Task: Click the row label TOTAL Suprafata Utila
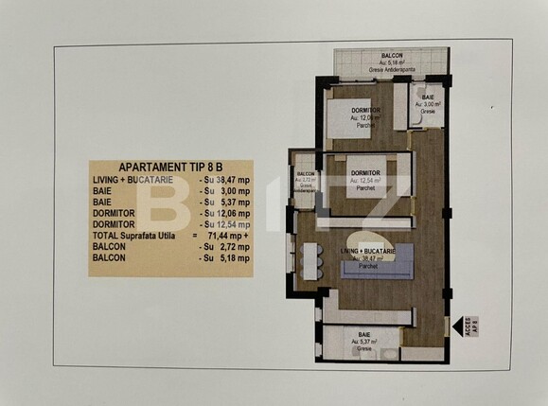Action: [x=136, y=236]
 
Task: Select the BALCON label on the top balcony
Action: [x=393, y=57]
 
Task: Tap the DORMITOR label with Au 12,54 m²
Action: [x=364, y=172]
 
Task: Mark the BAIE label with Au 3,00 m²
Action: [x=428, y=97]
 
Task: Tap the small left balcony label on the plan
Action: [x=306, y=174]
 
